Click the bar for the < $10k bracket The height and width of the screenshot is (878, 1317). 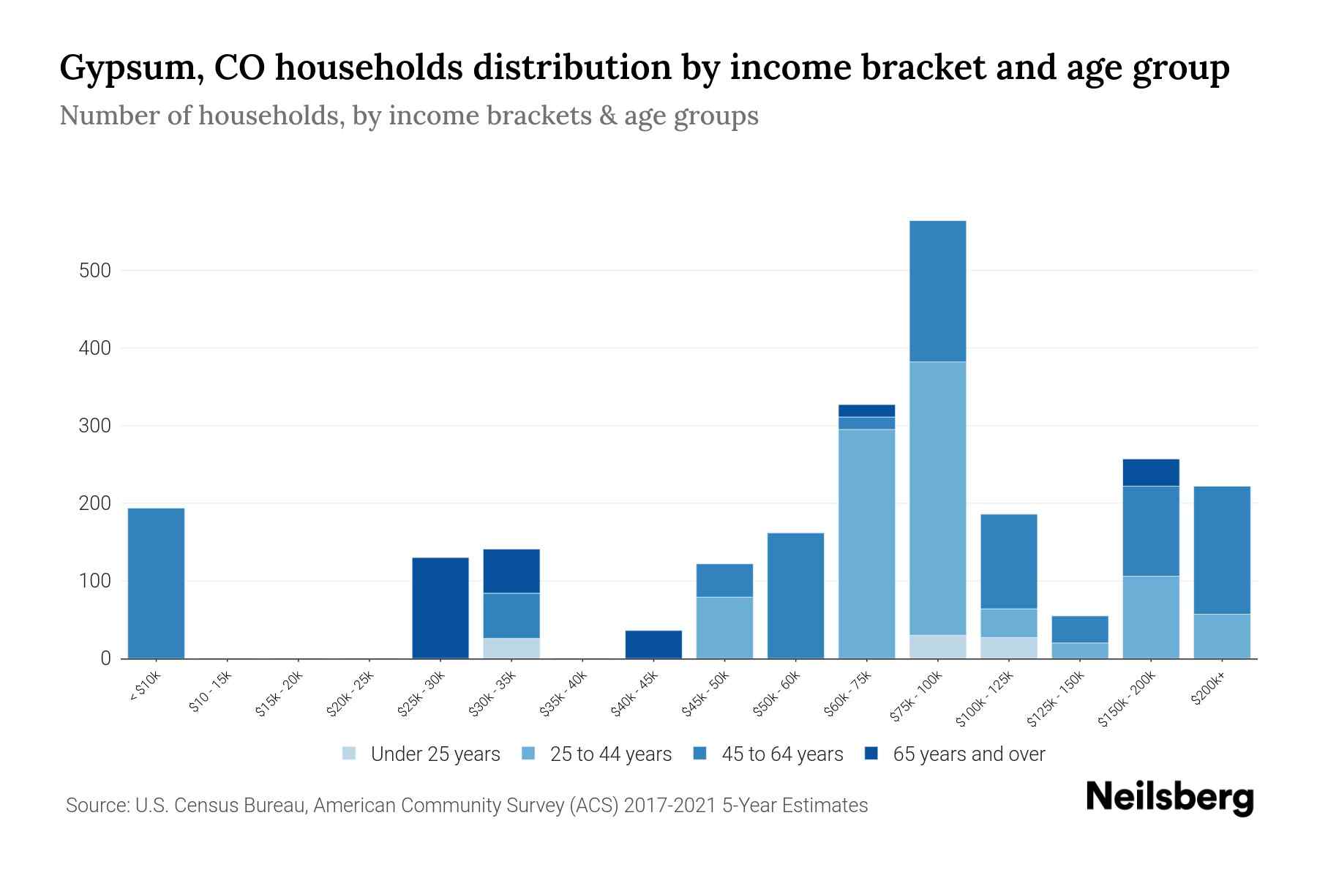pyautogui.click(x=156, y=583)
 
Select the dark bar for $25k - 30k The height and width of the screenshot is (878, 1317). pyautogui.click(x=440, y=607)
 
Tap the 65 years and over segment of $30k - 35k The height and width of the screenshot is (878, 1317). pyautogui.click(x=511, y=571)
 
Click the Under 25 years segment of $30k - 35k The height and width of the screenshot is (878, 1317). pyautogui.click(x=511, y=648)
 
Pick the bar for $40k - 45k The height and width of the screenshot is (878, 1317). pyautogui.click(x=653, y=644)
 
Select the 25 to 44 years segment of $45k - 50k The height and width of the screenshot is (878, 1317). pyautogui.click(x=724, y=628)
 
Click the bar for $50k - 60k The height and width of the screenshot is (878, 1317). pyautogui.click(x=795, y=596)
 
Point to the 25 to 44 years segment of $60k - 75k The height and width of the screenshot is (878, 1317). pyautogui.click(x=866, y=544)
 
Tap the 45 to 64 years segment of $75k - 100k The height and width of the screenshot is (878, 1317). pyautogui.click(x=937, y=291)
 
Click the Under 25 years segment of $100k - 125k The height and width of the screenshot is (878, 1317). pyautogui.click(x=1008, y=648)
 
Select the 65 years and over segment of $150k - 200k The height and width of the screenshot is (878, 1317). pyautogui.click(x=1150, y=473)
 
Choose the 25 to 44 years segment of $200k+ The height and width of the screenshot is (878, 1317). pyautogui.click(x=1221, y=636)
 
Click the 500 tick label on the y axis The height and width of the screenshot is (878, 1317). pyautogui.click(x=94, y=271)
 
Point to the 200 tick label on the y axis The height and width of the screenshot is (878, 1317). pyautogui.click(x=94, y=503)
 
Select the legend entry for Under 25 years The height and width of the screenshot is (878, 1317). pyautogui.click(x=421, y=754)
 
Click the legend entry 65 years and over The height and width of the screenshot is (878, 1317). pyautogui.click(x=955, y=754)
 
